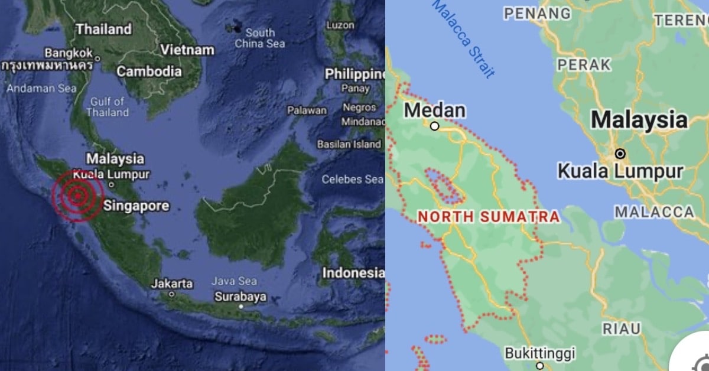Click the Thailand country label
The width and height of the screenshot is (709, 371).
point(103,29)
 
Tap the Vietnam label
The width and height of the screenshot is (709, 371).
point(187,50)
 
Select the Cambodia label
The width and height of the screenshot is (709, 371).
point(149,71)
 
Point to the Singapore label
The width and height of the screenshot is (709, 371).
point(136,206)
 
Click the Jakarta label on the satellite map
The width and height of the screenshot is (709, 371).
point(171,284)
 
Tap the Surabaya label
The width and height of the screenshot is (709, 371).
point(240,297)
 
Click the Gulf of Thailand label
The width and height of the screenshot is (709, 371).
point(109,107)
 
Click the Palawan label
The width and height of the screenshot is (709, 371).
point(307,110)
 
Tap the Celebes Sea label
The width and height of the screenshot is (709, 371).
point(352,179)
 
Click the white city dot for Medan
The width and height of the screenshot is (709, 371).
point(435,126)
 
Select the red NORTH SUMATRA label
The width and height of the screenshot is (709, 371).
point(489,217)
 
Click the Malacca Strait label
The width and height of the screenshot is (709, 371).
point(464,38)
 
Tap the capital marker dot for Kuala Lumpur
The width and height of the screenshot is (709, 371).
point(620,154)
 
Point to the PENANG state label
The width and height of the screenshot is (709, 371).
point(538,13)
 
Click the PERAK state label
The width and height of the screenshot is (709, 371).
point(584,64)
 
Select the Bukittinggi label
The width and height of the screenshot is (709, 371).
point(539,353)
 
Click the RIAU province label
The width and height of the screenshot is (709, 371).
point(622,329)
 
